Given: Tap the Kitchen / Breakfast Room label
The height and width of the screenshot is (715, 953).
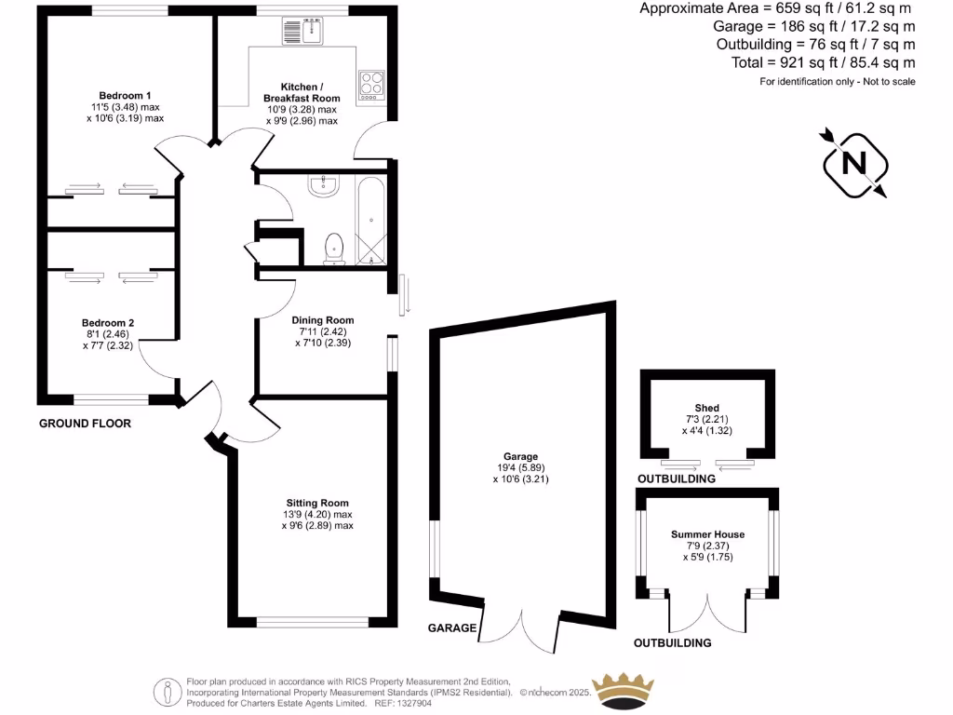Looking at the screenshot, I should (x=302, y=91).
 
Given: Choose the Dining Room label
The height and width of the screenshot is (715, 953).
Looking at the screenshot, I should (x=323, y=320).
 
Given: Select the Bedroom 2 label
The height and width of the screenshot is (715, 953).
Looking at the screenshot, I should (x=103, y=322).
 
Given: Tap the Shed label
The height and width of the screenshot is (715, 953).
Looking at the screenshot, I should (x=706, y=408).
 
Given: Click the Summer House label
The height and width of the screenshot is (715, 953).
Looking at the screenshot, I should (x=707, y=534).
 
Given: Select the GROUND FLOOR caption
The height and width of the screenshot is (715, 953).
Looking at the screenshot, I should (x=85, y=424).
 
